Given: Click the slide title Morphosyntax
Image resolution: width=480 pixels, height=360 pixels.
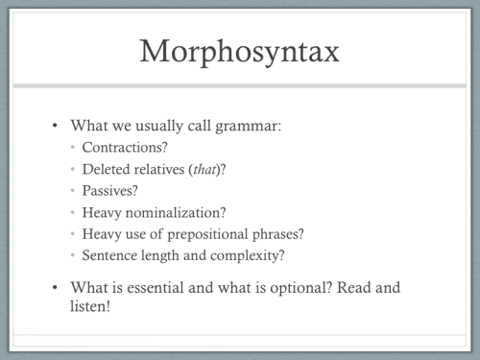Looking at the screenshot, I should (239, 50).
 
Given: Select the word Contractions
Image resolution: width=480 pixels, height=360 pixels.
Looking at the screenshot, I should (122, 149).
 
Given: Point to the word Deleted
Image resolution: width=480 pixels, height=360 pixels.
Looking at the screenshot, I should (107, 170).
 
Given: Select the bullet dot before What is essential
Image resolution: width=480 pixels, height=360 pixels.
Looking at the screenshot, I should (55, 286).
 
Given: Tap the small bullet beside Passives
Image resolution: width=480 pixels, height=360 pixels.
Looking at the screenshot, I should (74, 191).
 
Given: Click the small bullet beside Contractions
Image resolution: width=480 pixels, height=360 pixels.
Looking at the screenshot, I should (74, 149).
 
